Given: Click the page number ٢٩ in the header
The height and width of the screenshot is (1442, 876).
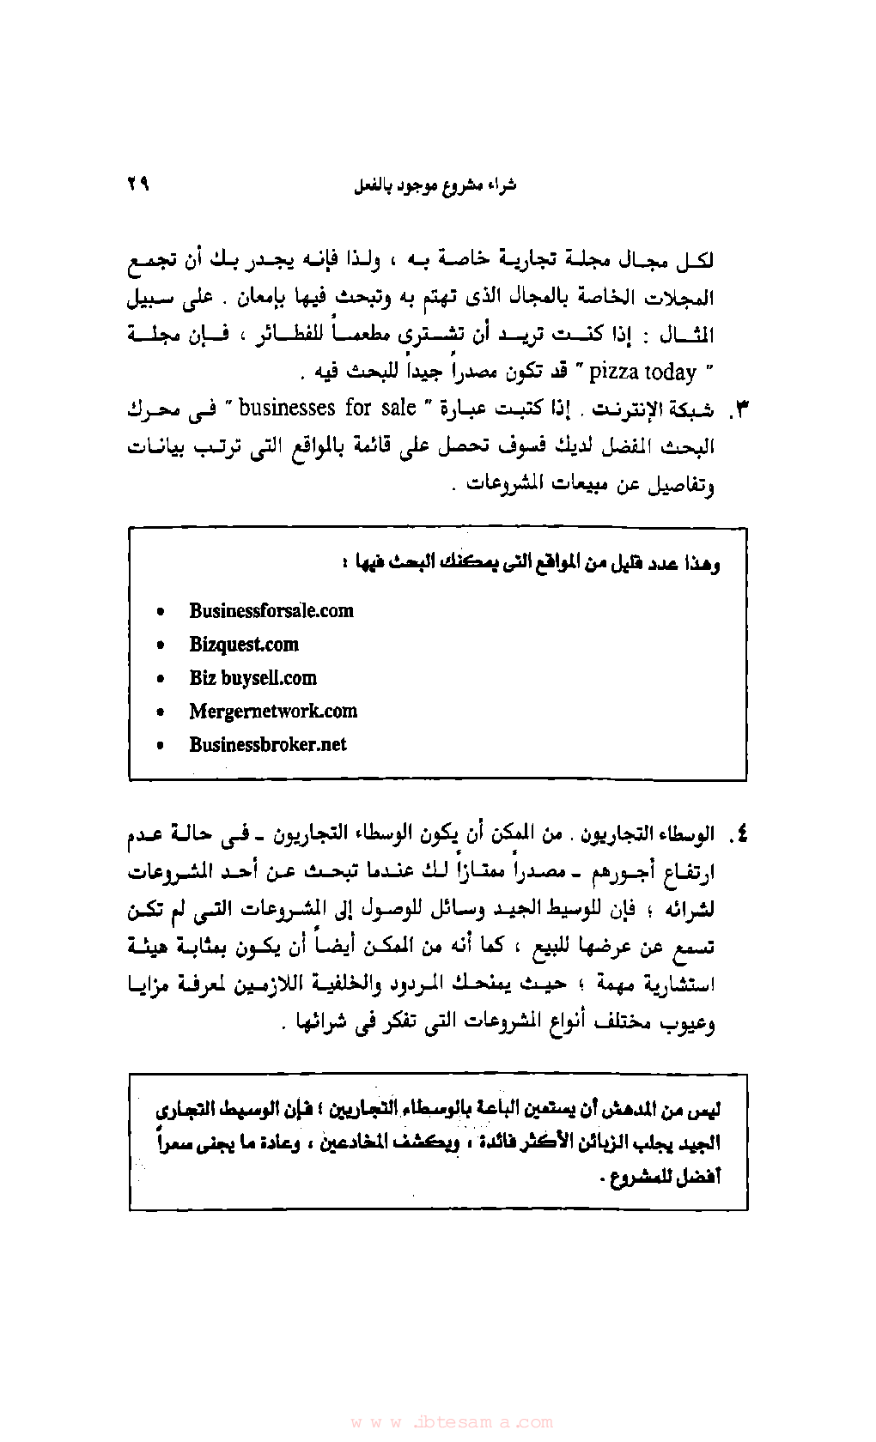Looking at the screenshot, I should pyautogui.click(x=137, y=183).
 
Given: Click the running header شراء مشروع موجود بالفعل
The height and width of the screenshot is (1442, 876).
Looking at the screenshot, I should pyautogui.click(x=435, y=185).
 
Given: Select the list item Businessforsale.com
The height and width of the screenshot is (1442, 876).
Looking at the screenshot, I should pyautogui.click(x=271, y=610).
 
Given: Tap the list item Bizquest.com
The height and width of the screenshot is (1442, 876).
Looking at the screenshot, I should pyautogui.click(x=244, y=645).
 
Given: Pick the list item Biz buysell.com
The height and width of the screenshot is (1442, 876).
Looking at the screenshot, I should pyautogui.click(x=252, y=678).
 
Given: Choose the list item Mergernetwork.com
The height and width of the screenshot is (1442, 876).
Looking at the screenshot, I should pyautogui.click(x=273, y=711).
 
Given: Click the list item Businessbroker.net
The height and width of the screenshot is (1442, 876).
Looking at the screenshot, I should pyautogui.click(x=268, y=744).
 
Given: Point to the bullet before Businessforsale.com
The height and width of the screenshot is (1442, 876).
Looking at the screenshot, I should pyautogui.click(x=160, y=612).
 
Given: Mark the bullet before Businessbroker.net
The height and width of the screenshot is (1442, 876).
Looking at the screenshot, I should pyautogui.click(x=160, y=746).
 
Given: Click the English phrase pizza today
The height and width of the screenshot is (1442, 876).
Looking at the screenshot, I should pyautogui.click(x=642, y=372).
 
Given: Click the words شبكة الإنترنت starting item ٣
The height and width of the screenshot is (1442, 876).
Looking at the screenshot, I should pyautogui.click(x=652, y=409).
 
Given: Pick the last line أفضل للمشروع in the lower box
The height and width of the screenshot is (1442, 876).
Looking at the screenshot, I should pyautogui.click(x=659, y=1177).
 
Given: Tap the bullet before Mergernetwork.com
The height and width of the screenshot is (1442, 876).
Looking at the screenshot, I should pyautogui.click(x=160, y=712).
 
